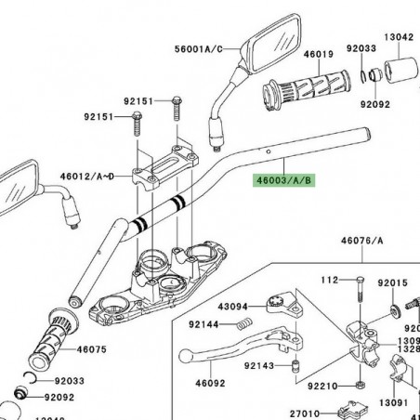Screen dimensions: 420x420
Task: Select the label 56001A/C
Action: [199, 50]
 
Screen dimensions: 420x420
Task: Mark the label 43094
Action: [233, 306]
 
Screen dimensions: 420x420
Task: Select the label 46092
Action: [210, 382]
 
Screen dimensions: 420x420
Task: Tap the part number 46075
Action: [93, 350]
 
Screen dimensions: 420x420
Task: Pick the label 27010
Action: [304, 413]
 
